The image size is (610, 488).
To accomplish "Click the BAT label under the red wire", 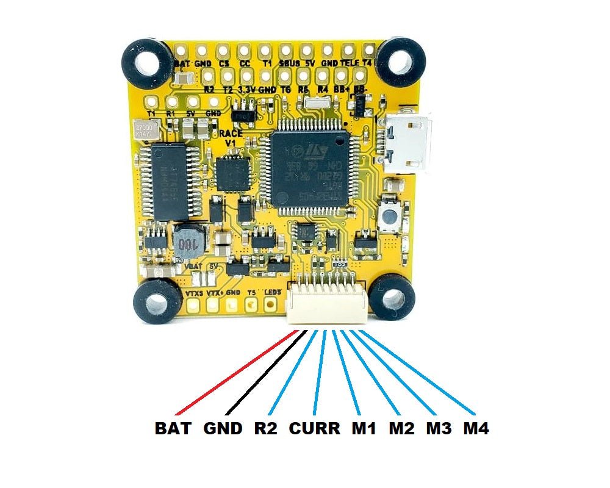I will coord(174,429).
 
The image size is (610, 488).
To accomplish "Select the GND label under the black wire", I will coord(224,429).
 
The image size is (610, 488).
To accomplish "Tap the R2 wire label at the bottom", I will coord(265,429).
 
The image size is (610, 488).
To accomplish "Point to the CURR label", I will coord(314,429).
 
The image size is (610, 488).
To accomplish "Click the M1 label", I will coord(364,429).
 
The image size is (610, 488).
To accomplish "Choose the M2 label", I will coord(401,429).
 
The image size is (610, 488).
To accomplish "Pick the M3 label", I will coord(439,429).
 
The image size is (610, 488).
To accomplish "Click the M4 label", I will coord(476,429).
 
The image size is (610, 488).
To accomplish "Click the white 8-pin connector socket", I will coord(326,303).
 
